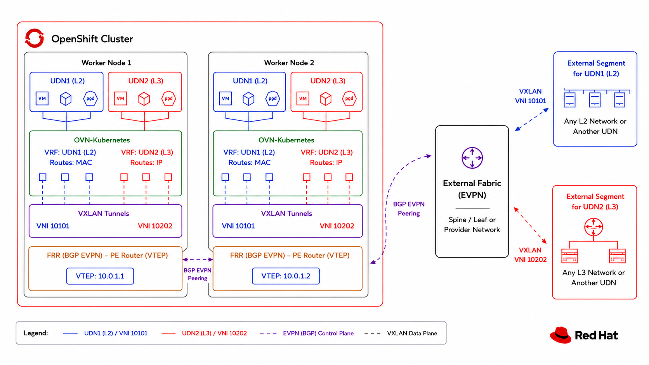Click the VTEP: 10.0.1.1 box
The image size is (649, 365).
pos(100,276)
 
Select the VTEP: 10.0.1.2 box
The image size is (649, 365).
pos(286,276)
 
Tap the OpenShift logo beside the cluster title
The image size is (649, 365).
pos(35,38)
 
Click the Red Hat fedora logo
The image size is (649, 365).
pos(560,335)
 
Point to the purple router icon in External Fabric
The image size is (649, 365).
pos(472,158)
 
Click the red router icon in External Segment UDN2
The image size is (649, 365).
pos(593,227)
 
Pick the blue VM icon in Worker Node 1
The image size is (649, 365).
pos(42,99)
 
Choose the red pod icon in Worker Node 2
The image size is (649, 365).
pos(349,99)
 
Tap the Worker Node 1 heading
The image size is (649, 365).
pos(106,63)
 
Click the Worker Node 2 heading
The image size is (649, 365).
pos(289,63)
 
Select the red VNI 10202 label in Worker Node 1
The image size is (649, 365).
pos(155,226)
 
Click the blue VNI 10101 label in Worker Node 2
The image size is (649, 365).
pos(238,226)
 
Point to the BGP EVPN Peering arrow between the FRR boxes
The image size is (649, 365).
pos(198,259)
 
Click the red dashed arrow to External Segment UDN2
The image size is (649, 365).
pos(530,225)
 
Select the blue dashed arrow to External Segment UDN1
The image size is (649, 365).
pos(532,119)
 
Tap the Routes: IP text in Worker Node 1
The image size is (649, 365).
pos(146,163)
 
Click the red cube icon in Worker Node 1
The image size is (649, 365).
pos(144,99)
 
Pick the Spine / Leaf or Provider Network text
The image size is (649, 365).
pos(472,225)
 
